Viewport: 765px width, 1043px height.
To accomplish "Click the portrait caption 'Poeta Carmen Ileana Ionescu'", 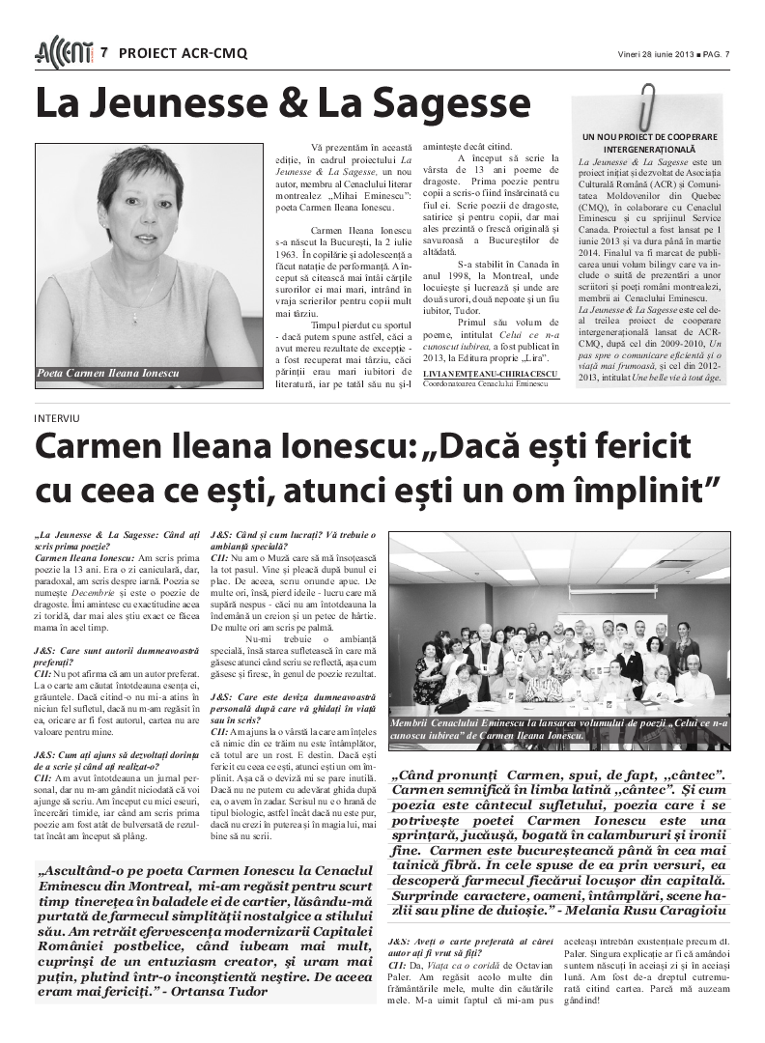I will click(x=107, y=373).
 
